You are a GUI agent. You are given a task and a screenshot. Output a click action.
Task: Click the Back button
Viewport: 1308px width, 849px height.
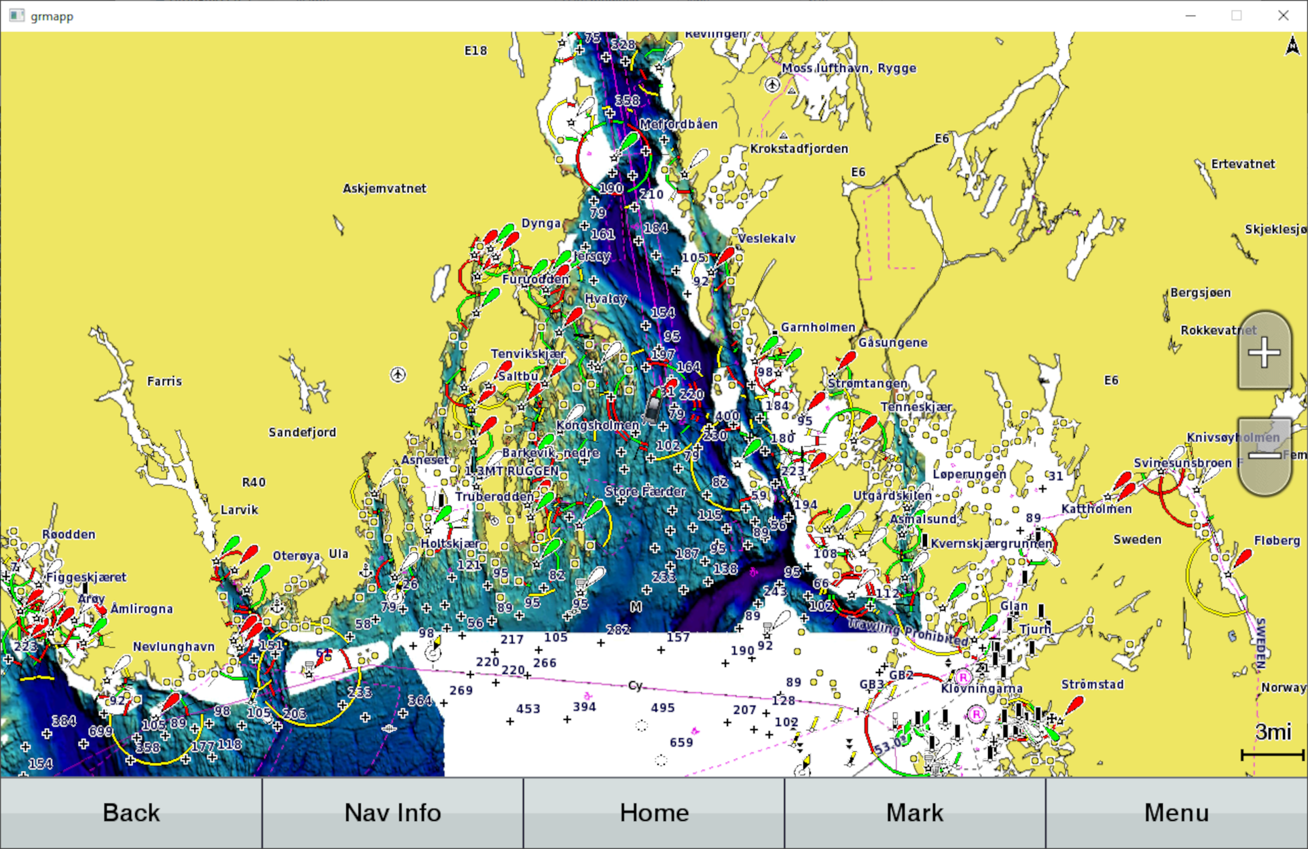click(131, 813)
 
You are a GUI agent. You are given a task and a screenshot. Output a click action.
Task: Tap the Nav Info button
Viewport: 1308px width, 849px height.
click(393, 813)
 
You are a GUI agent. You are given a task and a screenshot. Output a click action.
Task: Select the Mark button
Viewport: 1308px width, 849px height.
click(915, 813)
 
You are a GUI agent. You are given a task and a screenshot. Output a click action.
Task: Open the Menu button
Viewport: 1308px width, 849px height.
click(1176, 813)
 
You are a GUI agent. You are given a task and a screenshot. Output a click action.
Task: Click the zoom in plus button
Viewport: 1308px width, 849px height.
click(1264, 353)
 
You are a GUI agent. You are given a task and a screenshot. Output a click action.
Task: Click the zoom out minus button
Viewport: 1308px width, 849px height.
click(1264, 456)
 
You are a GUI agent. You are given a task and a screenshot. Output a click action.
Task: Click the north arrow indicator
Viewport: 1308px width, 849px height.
click(1292, 46)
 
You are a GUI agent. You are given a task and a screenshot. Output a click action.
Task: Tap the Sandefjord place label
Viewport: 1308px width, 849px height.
click(302, 433)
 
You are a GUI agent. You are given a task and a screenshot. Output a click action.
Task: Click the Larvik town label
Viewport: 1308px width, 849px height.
click(239, 510)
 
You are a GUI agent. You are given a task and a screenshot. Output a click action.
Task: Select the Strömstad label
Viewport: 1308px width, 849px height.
click(1092, 685)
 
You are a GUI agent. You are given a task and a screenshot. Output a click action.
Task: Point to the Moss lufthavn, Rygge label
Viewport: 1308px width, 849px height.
click(849, 68)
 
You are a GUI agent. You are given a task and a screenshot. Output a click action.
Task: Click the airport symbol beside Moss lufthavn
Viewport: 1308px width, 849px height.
click(772, 85)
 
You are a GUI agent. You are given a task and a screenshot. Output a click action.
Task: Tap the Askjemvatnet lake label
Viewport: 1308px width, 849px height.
click(384, 189)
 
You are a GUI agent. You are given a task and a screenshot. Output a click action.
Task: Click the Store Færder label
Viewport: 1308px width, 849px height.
click(645, 491)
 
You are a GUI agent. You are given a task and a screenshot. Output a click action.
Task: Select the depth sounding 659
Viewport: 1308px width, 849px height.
click(681, 742)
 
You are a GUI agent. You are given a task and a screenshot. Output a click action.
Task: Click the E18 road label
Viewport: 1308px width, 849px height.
click(475, 50)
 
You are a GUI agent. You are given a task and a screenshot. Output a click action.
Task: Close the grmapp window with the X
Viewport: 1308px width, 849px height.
click(1283, 16)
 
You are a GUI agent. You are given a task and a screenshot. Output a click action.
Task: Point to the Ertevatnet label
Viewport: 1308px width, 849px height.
click(1243, 164)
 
